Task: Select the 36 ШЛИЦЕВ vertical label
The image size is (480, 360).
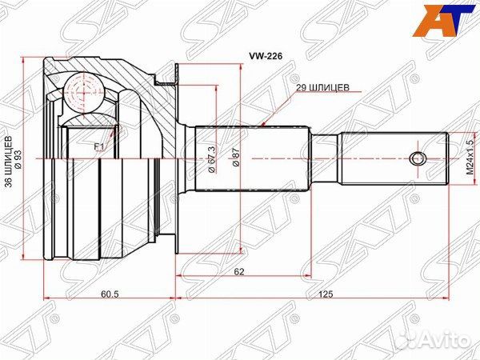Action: (9, 159)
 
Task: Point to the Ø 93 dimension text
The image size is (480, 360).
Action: (18, 159)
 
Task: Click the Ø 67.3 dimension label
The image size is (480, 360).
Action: (212, 156)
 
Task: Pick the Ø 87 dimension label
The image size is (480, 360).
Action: (236, 157)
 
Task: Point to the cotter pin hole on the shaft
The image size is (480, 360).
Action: (416, 158)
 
